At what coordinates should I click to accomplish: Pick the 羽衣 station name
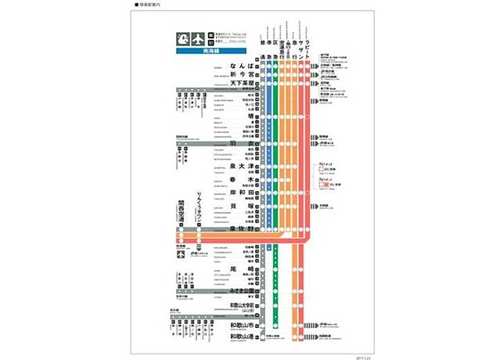pyautogui.click(x=244, y=144)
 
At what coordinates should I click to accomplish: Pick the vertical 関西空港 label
pyautogui.click(x=181, y=210)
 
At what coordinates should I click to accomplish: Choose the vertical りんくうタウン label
pyautogui.click(x=200, y=207)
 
